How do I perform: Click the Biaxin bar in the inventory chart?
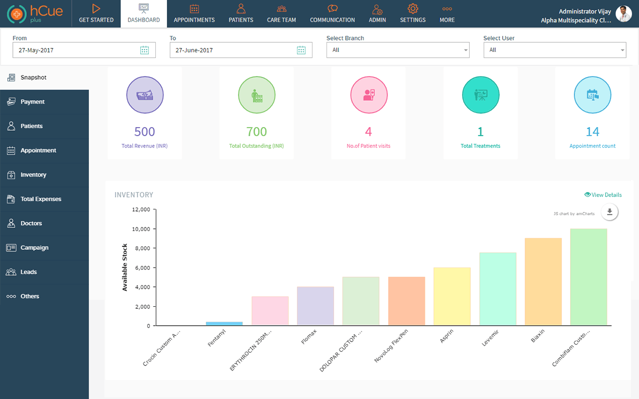[x=543, y=282]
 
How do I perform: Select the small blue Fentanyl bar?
[x=224, y=324]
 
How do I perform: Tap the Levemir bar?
[x=498, y=289]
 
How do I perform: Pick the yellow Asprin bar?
[x=452, y=297]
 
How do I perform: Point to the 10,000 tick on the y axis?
[x=141, y=229]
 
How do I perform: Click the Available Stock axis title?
[x=125, y=267]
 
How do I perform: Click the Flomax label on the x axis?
[x=309, y=337]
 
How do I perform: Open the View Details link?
[x=603, y=195]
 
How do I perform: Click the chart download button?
[x=610, y=212]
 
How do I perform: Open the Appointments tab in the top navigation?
[x=194, y=14]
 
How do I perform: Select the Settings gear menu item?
[x=413, y=14]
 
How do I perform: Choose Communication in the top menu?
[x=332, y=14]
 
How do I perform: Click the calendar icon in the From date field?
[x=144, y=50]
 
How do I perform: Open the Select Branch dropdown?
[x=398, y=50]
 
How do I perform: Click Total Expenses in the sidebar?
[x=41, y=199]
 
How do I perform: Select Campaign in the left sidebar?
[x=34, y=248]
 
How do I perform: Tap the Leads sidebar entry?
[x=28, y=272]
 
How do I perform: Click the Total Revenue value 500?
[x=145, y=132]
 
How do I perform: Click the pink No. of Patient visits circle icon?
[x=368, y=95]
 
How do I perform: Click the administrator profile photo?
[x=624, y=14]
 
